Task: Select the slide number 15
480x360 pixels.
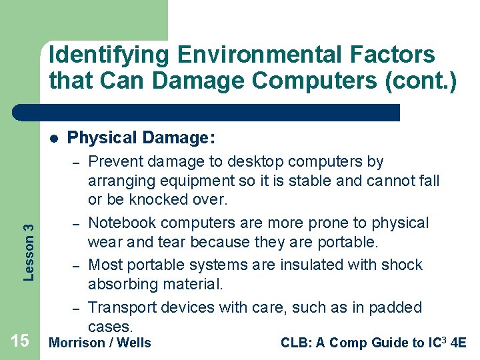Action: tap(20, 341)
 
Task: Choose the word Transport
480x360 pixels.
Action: tap(120, 307)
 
